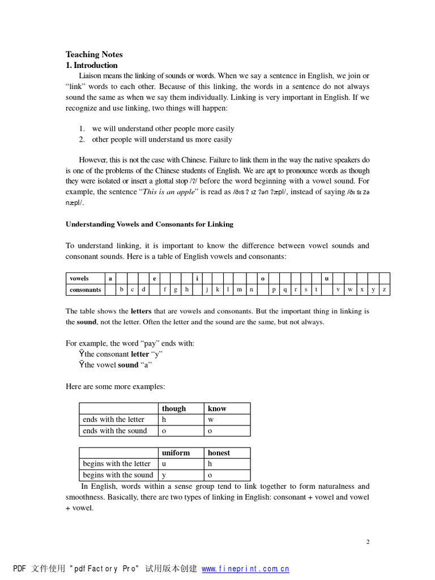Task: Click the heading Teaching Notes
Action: click(x=94, y=54)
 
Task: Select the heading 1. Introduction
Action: click(x=92, y=65)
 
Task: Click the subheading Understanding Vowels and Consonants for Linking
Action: click(x=150, y=224)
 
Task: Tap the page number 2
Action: click(x=368, y=541)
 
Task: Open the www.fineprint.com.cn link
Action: click(x=245, y=569)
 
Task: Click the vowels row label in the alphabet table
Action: click(x=79, y=278)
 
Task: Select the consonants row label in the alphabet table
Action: click(x=85, y=289)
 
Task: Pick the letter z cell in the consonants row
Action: click(x=384, y=289)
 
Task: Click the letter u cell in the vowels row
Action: click(x=326, y=278)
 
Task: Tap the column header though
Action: click(x=173, y=408)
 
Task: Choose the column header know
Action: click(x=217, y=408)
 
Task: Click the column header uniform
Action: click(x=176, y=453)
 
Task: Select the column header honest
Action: click(x=219, y=453)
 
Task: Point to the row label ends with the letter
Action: click(x=113, y=420)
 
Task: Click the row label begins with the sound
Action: click(x=118, y=475)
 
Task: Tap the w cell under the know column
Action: click(x=210, y=420)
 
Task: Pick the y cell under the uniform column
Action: click(x=164, y=475)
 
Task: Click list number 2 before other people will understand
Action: click(x=82, y=139)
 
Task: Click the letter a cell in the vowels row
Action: click(x=110, y=278)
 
